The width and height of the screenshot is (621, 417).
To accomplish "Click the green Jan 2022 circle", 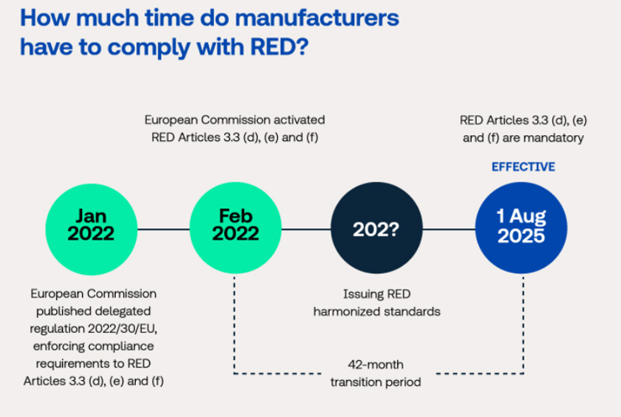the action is point(91,229).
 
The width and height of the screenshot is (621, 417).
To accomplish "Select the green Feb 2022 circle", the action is point(236,227).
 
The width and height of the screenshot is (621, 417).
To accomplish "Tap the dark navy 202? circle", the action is point(377,227).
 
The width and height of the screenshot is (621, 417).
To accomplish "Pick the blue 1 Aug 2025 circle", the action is point(521,227).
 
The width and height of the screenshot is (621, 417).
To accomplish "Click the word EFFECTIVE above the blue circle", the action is point(523,167).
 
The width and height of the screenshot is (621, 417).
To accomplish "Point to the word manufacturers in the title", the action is point(317,18).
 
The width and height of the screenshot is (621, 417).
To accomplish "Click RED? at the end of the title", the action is point(279,47).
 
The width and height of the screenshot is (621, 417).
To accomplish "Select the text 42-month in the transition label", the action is point(375,364).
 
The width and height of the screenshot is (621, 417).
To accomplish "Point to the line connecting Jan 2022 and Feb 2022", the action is point(164,229).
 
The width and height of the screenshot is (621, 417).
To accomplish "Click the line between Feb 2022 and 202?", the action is point(306,229).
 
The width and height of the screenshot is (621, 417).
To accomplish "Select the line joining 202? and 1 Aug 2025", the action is point(449,229).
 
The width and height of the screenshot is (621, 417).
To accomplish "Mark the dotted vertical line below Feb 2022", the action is point(234,325).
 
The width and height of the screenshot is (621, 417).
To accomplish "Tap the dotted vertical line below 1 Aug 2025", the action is point(523,325).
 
